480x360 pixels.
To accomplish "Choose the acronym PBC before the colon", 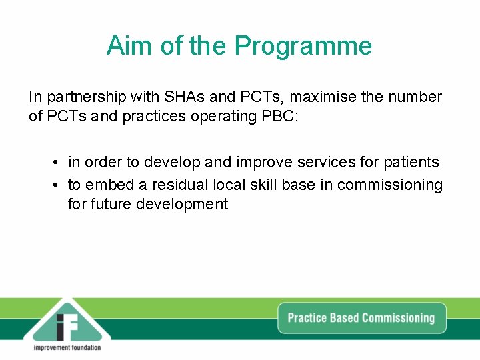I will (282, 116).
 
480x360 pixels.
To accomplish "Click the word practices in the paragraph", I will (157, 116).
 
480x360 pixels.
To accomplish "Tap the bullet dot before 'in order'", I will (58, 163).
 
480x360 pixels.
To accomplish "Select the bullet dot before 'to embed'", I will (58, 185).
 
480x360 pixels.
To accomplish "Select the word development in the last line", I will (182, 204).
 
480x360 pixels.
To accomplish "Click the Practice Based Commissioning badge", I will (361, 318).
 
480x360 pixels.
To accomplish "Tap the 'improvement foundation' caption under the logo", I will (67, 347).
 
